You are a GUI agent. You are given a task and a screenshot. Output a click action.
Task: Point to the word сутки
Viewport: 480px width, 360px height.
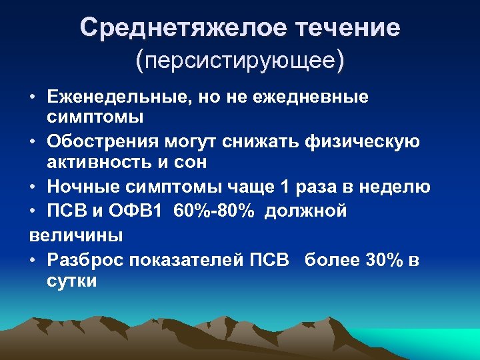point(72,280)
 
